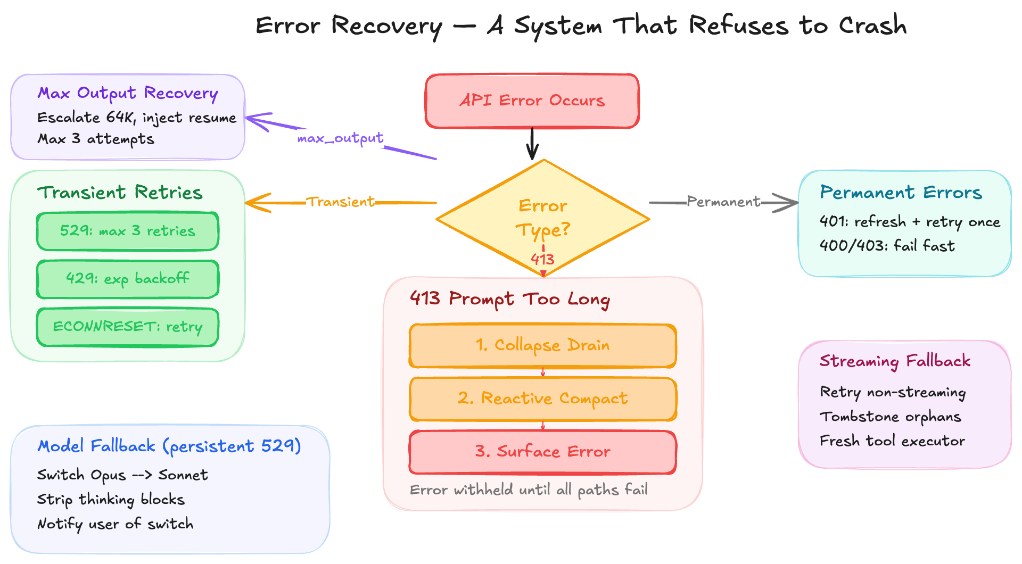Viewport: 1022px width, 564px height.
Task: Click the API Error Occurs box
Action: click(532, 101)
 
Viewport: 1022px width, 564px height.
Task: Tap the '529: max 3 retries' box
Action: click(127, 231)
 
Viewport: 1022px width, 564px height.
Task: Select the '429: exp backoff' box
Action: click(127, 279)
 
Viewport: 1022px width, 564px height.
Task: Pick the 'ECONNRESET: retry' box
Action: click(127, 327)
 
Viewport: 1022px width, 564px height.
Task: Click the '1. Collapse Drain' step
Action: click(542, 345)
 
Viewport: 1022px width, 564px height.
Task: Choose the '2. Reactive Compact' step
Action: click(542, 399)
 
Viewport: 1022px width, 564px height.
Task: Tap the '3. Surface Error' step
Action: click(542, 452)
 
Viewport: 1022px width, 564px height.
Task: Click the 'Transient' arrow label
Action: click(341, 202)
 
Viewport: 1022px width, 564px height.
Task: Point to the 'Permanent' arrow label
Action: click(723, 202)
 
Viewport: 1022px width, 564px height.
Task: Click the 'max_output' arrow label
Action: click(340, 139)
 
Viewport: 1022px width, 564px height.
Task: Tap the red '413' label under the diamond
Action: click(542, 260)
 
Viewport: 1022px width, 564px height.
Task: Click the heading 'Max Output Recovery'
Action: click(128, 94)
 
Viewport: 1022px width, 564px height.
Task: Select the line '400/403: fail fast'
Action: click(887, 246)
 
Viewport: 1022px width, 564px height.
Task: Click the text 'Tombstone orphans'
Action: click(891, 417)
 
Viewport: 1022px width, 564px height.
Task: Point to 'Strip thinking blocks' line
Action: click(111, 500)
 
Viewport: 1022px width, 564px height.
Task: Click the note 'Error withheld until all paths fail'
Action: click(529, 490)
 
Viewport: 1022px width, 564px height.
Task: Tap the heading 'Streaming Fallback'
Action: click(895, 361)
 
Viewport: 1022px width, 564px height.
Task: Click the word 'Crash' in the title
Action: click(872, 26)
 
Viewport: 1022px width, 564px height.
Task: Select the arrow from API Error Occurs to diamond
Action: click(532, 143)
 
